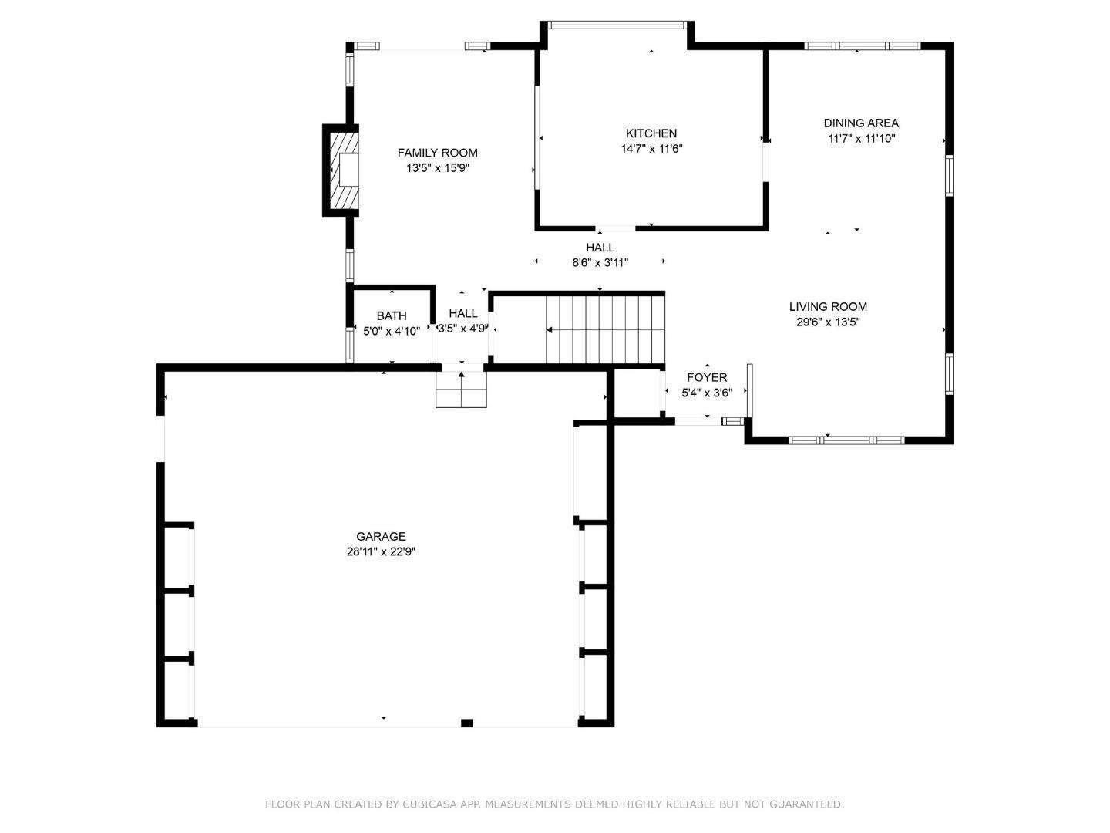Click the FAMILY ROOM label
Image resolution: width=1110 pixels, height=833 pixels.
click(437, 153)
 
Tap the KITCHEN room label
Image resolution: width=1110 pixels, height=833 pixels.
click(651, 133)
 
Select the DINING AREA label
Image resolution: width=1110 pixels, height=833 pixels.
click(861, 123)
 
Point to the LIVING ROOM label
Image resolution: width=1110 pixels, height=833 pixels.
click(829, 306)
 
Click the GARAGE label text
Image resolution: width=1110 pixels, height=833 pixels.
click(381, 536)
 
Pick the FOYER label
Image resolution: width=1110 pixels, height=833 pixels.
click(707, 377)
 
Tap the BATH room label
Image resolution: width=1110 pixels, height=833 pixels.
click(392, 316)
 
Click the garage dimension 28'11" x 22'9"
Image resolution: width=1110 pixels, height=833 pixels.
click(381, 551)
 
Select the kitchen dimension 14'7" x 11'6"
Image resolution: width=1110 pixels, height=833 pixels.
click(652, 149)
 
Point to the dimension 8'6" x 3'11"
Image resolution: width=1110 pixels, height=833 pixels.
click(600, 262)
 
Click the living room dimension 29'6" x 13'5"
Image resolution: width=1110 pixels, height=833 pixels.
click(829, 322)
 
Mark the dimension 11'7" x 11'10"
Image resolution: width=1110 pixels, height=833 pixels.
click(862, 139)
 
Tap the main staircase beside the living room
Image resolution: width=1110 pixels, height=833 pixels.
click(605, 330)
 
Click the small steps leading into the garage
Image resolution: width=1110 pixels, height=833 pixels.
click(461, 390)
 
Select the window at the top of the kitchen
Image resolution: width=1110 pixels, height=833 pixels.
click(617, 25)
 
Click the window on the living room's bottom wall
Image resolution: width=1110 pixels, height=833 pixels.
click(846, 440)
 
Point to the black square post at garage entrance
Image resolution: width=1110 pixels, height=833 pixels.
click(467, 723)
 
